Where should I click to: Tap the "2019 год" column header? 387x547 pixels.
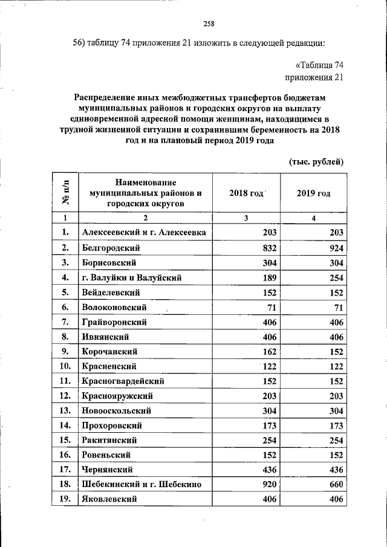(314, 193)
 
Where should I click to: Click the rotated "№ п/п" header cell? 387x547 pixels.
(65, 193)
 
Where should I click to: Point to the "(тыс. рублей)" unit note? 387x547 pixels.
(316, 161)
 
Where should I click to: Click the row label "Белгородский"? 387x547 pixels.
(111, 248)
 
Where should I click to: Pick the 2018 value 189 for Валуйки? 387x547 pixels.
(267, 278)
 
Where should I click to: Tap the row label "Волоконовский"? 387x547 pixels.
(114, 308)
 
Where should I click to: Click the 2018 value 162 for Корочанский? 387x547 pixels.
(267, 351)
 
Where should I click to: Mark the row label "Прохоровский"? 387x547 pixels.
(113, 426)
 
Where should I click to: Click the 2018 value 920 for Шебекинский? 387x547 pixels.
(267, 484)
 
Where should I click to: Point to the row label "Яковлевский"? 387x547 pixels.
(109, 499)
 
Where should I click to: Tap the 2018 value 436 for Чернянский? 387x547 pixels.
(267, 470)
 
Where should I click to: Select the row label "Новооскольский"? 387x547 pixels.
(115, 410)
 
